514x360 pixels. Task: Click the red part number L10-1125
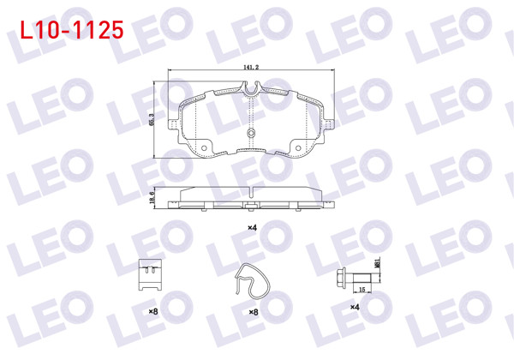tap(72, 30)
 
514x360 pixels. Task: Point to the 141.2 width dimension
tap(251, 67)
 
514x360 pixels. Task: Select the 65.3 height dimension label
tap(151, 119)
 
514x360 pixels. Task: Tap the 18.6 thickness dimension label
tap(152, 198)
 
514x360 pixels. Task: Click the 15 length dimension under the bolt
tap(362, 290)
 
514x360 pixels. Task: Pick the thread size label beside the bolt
tap(377, 262)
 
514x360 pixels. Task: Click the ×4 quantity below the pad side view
tap(252, 227)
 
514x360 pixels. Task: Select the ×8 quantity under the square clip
tap(153, 311)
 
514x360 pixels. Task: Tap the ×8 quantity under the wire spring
tap(254, 312)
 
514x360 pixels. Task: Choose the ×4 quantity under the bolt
tap(355, 307)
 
